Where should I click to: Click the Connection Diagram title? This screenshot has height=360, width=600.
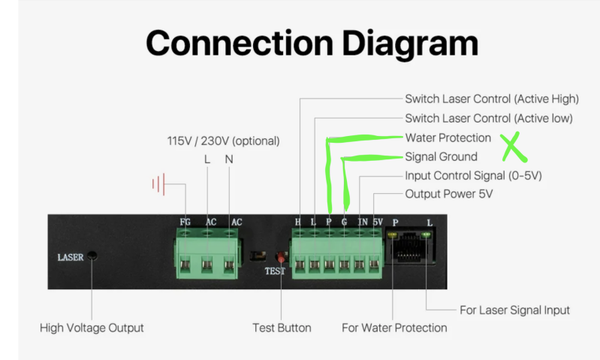click(312, 44)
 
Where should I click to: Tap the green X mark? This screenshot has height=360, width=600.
click(514, 147)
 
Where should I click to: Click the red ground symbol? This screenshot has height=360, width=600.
click(159, 184)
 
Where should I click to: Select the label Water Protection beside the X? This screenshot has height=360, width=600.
click(448, 138)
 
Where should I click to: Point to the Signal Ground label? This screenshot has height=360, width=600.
click(441, 157)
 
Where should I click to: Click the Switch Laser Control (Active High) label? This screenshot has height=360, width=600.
click(492, 99)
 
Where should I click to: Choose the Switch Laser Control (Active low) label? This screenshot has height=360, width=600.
click(489, 118)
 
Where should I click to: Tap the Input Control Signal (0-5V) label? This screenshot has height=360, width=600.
click(473, 176)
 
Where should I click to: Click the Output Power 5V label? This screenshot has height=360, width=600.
click(449, 194)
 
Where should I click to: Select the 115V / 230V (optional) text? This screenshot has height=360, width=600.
click(223, 141)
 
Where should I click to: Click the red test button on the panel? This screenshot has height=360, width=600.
click(281, 257)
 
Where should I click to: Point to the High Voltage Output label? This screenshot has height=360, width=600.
click(92, 328)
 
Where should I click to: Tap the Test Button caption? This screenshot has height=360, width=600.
click(282, 328)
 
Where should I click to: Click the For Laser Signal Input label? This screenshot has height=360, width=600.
click(515, 310)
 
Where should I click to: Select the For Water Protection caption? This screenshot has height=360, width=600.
click(395, 328)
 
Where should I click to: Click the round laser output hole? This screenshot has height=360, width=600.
click(92, 256)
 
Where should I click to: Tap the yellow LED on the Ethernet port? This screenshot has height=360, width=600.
click(393, 235)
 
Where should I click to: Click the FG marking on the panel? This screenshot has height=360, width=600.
click(185, 222)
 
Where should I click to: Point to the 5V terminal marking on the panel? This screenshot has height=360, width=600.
click(378, 222)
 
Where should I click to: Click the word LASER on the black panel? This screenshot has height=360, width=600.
click(70, 257)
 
